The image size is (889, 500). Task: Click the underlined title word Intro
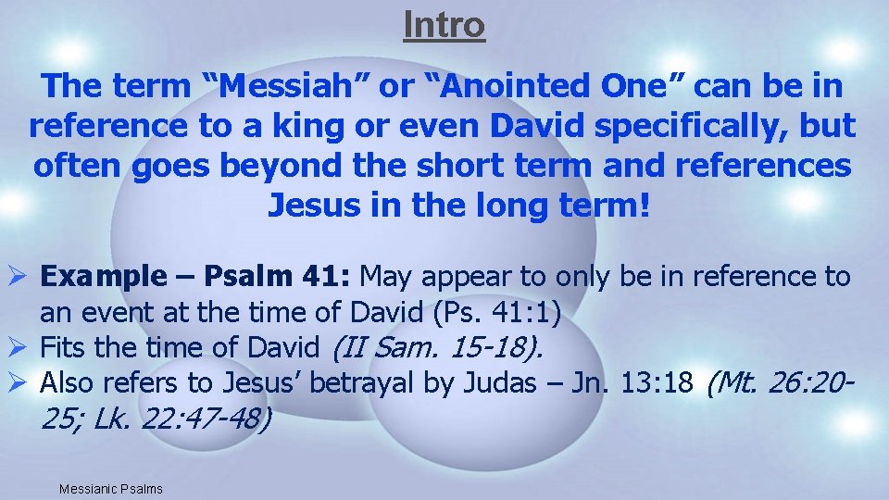[x=444, y=25]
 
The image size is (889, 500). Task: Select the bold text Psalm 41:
[x=278, y=277]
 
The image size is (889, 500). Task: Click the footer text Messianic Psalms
[x=109, y=488]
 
